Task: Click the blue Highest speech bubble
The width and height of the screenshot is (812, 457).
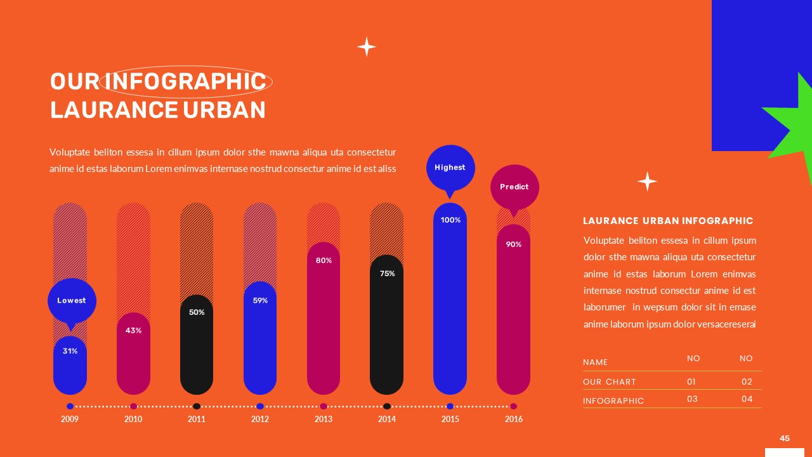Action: [450, 168]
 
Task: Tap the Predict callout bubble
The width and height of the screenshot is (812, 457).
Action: [514, 187]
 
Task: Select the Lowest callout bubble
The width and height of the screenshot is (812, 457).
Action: [72, 300]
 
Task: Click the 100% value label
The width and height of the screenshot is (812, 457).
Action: [450, 220]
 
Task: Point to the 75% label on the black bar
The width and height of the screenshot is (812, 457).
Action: [387, 274]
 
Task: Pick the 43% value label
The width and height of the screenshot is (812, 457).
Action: [133, 331]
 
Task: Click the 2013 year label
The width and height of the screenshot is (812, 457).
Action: [324, 419]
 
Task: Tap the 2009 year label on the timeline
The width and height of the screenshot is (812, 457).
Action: [70, 419]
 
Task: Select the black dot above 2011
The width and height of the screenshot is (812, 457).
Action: [197, 406]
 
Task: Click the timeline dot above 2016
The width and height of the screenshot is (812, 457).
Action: [514, 406]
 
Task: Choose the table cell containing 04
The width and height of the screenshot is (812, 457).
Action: [747, 399]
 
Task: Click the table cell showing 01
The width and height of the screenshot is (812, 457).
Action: [691, 382]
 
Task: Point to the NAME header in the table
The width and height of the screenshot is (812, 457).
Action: [595, 362]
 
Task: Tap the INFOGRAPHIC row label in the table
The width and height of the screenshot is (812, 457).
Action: [613, 401]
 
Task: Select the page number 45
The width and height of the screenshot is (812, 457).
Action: [785, 439]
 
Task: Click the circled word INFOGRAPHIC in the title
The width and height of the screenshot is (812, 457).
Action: [185, 82]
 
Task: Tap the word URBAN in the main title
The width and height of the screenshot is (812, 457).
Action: [224, 110]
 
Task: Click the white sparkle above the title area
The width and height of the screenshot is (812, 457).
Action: [366, 46]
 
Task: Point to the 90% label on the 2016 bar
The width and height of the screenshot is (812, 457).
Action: [514, 244]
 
